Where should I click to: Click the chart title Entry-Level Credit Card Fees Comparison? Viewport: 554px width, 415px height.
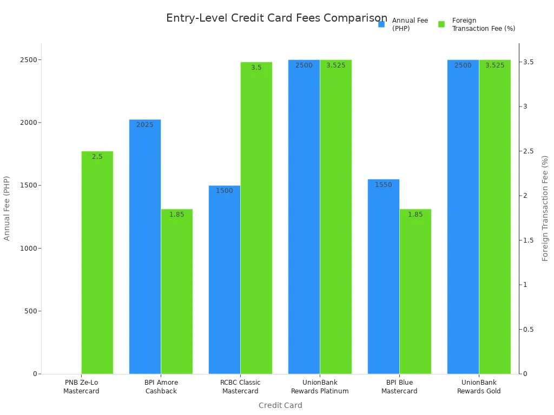click(276, 18)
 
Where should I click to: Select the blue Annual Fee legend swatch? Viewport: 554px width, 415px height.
click(381, 24)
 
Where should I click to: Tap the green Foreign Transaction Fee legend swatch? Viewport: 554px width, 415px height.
click(441, 24)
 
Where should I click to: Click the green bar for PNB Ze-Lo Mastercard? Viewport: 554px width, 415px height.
click(97, 262)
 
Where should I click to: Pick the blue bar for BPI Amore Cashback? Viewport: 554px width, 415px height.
click(145, 246)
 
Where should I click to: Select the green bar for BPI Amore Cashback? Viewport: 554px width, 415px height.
click(177, 291)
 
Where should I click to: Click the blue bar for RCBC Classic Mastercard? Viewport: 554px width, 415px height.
click(225, 279)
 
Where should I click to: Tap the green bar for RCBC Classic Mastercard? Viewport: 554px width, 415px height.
click(256, 218)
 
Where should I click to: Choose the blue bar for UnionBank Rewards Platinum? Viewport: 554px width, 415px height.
click(304, 217)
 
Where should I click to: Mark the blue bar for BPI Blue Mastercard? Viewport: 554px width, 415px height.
click(384, 276)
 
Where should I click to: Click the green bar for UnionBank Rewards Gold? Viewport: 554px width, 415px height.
click(495, 217)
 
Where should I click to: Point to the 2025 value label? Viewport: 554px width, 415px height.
click(145, 125)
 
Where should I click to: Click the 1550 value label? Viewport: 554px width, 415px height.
click(384, 185)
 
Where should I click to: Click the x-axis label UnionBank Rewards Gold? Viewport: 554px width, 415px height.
click(479, 387)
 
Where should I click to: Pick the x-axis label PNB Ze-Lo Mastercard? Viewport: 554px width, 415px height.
click(81, 387)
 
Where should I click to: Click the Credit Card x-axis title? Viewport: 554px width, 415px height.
click(280, 405)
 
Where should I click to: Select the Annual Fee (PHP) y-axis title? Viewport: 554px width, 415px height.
click(7, 208)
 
